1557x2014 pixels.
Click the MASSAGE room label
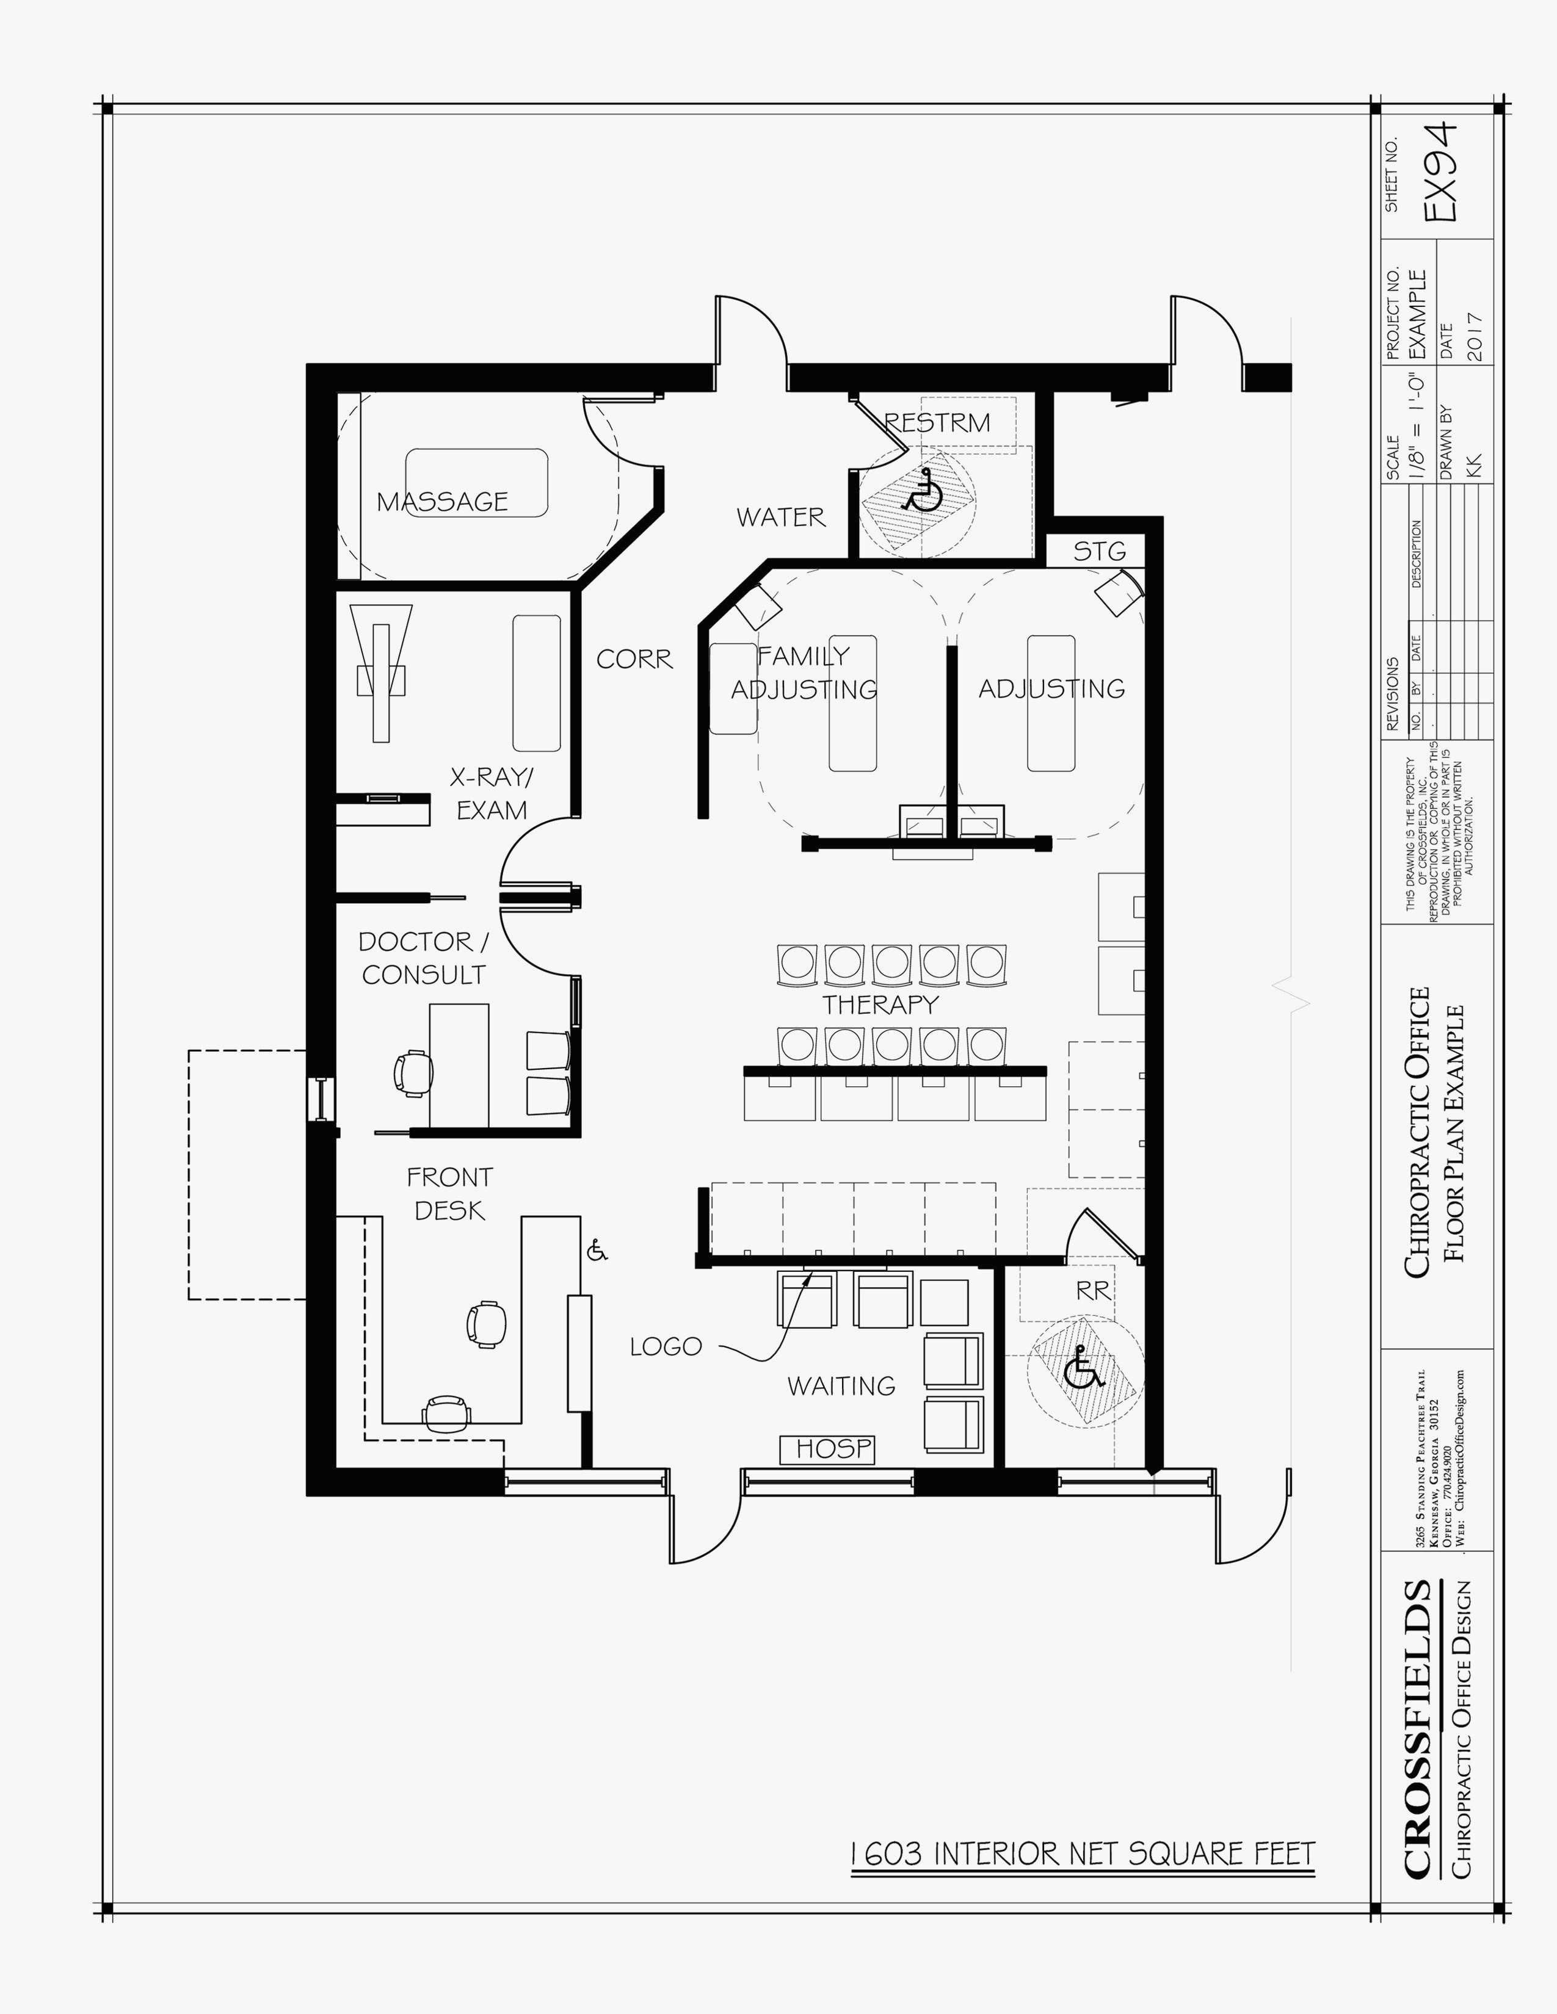(x=442, y=502)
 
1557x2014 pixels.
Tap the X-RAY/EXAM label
(x=492, y=793)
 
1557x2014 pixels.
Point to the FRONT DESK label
(x=449, y=1193)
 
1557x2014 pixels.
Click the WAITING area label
(x=840, y=1385)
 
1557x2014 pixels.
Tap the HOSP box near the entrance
(x=827, y=1449)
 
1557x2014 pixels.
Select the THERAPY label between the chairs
(x=880, y=1003)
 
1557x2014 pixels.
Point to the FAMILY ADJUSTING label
(x=804, y=673)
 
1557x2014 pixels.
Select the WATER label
(x=780, y=518)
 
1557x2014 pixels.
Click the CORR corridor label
(x=634, y=659)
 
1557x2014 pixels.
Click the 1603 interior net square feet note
(x=1082, y=1853)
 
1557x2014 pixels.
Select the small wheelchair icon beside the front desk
(x=597, y=1251)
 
